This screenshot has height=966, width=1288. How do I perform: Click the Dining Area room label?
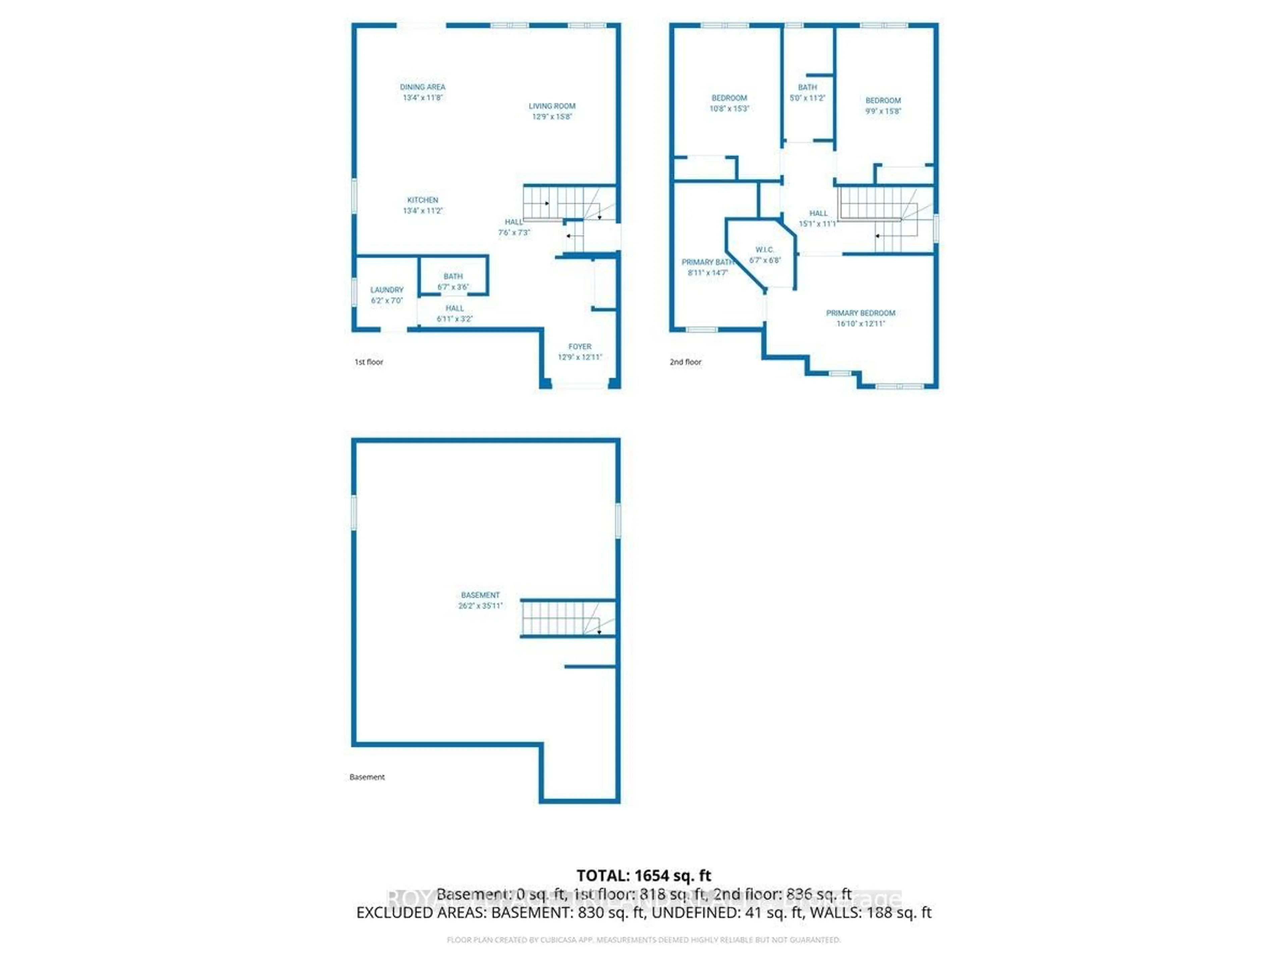click(422, 87)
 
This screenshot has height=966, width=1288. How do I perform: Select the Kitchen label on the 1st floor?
click(422, 200)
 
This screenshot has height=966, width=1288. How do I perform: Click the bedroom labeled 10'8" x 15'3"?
click(729, 103)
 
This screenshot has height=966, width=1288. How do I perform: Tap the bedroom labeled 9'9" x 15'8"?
click(883, 105)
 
